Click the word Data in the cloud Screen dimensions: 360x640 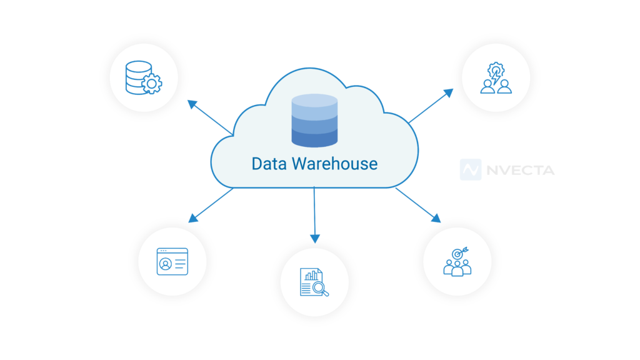coord(268,164)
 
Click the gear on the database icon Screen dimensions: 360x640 coord(152,83)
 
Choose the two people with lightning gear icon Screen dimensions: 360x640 coord(496,78)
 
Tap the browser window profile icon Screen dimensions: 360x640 coord(172,261)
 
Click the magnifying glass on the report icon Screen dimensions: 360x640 coord(321,288)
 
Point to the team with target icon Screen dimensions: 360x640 coord(457,261)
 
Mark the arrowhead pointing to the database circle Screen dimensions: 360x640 coord(192,103)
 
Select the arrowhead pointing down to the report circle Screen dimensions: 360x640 coord(315,238)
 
